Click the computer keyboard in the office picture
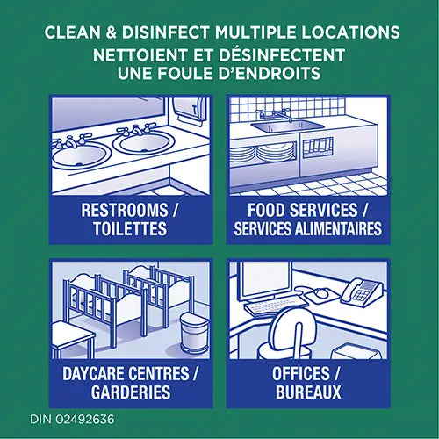coord(275,306)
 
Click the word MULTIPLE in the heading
coord(248,33)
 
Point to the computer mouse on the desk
coord(320,294)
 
